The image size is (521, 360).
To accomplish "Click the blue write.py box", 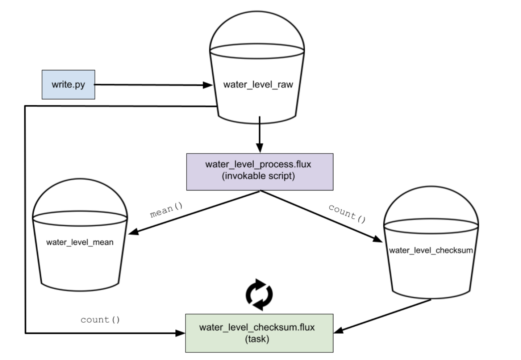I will (68, 85).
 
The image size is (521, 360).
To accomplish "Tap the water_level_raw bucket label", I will (258, 85).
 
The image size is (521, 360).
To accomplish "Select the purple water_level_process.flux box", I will (259, 172).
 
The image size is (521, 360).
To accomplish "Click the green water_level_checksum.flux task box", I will (259, 333).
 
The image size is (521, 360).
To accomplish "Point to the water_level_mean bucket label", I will (80, 242).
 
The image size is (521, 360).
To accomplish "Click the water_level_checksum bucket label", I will (431, 250).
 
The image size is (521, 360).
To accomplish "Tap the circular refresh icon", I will (259, 295).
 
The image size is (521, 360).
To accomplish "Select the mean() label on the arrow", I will (166, 210).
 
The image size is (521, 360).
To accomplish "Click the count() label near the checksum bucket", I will (347, 213).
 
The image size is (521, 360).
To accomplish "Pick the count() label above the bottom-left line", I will (100, 320).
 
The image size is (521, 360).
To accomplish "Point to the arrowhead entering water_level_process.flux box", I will (259, 148).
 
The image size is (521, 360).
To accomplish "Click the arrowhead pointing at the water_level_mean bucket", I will (133, 231).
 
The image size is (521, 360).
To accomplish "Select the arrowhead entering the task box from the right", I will (338, 330).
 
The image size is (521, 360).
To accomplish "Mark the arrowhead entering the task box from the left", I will (180, 333).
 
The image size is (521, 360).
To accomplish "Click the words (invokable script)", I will (258, 176).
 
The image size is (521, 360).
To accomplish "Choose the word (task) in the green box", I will (257, 339).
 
